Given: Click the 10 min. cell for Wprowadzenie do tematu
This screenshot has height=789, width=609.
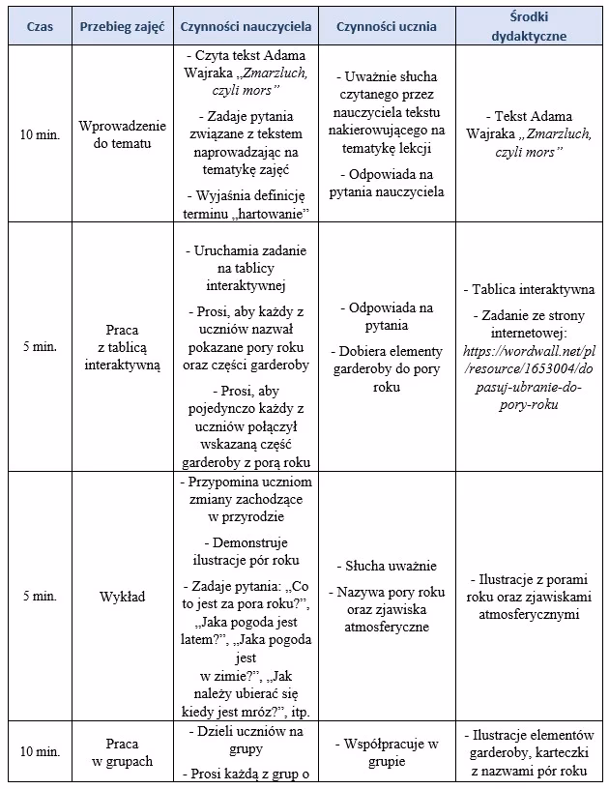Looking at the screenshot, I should (40, 134).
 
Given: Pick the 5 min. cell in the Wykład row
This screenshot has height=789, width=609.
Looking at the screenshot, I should (40, 597).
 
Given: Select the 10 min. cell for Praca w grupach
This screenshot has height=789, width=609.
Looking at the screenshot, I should (40, 751).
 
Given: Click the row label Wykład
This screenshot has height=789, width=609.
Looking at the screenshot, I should (122, 597).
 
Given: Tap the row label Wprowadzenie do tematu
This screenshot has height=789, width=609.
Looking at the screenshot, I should (122, 134).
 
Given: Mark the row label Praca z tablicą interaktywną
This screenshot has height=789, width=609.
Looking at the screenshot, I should (122, 346).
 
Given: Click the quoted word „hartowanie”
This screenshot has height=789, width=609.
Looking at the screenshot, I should (265, 212).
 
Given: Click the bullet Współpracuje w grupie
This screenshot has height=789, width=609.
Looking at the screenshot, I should (387, 752).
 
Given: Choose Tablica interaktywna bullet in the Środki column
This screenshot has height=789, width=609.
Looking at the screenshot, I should (531, 289).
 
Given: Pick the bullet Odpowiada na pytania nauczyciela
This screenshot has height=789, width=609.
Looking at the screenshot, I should (387, 183).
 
